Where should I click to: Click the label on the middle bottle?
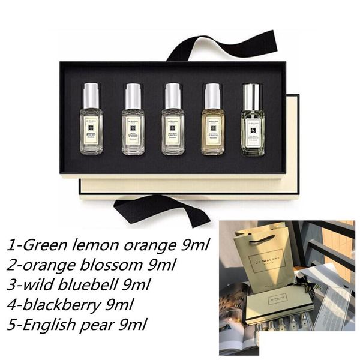point(173,126)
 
